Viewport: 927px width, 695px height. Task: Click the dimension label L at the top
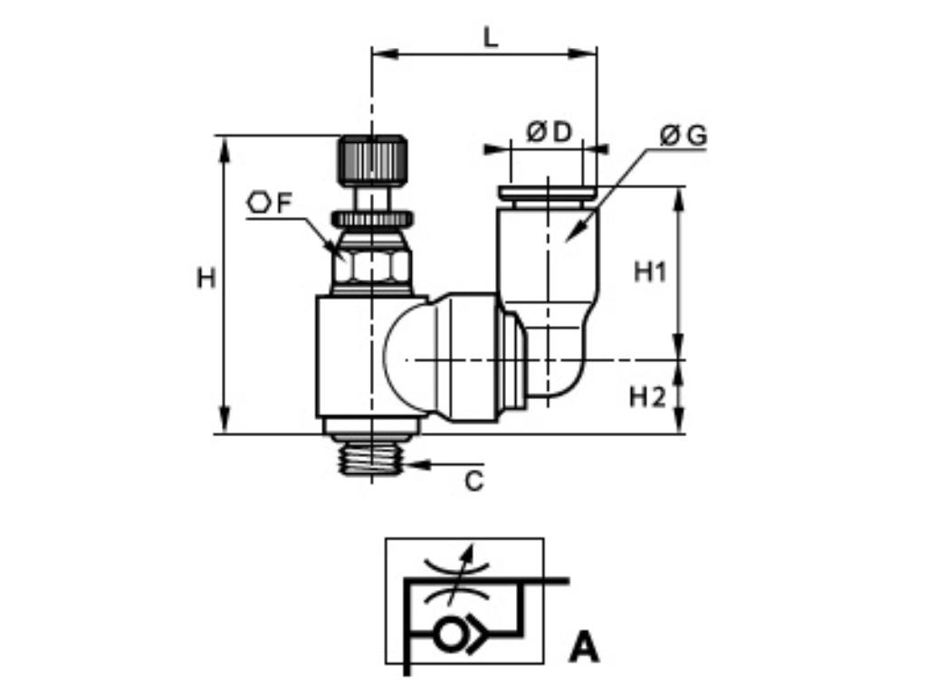pyautogui.click(x=490, y=38)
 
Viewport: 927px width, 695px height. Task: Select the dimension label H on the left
pyautogui.click(x=206, y=278)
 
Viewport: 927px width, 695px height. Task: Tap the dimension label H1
pyautogui.click(x=649, y=271)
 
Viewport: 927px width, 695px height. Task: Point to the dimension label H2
pyautogui.click(x=648, y=396)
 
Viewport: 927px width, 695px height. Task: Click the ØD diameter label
pyautogui.click(x=550, y=133)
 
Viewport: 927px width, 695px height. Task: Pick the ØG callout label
pyautogui.click(x=683, y=136)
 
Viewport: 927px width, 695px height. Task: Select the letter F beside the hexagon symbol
pyautogui.click(x=284, y=204)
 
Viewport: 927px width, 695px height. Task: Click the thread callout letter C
pyautogui.click(x=474, y=481)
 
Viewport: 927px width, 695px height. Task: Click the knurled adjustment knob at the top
pyautogui.click(x=372, y=159)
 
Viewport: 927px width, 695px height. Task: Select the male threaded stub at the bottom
pyautogui.click(x=371, y=457)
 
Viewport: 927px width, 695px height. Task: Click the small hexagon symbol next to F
pyautogui.click(x=259, y=203)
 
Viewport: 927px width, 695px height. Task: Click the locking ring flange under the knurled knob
pyautogui.click(x=372, y=218)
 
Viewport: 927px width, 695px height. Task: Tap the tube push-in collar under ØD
pyautogui.click(x=547, y=193)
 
